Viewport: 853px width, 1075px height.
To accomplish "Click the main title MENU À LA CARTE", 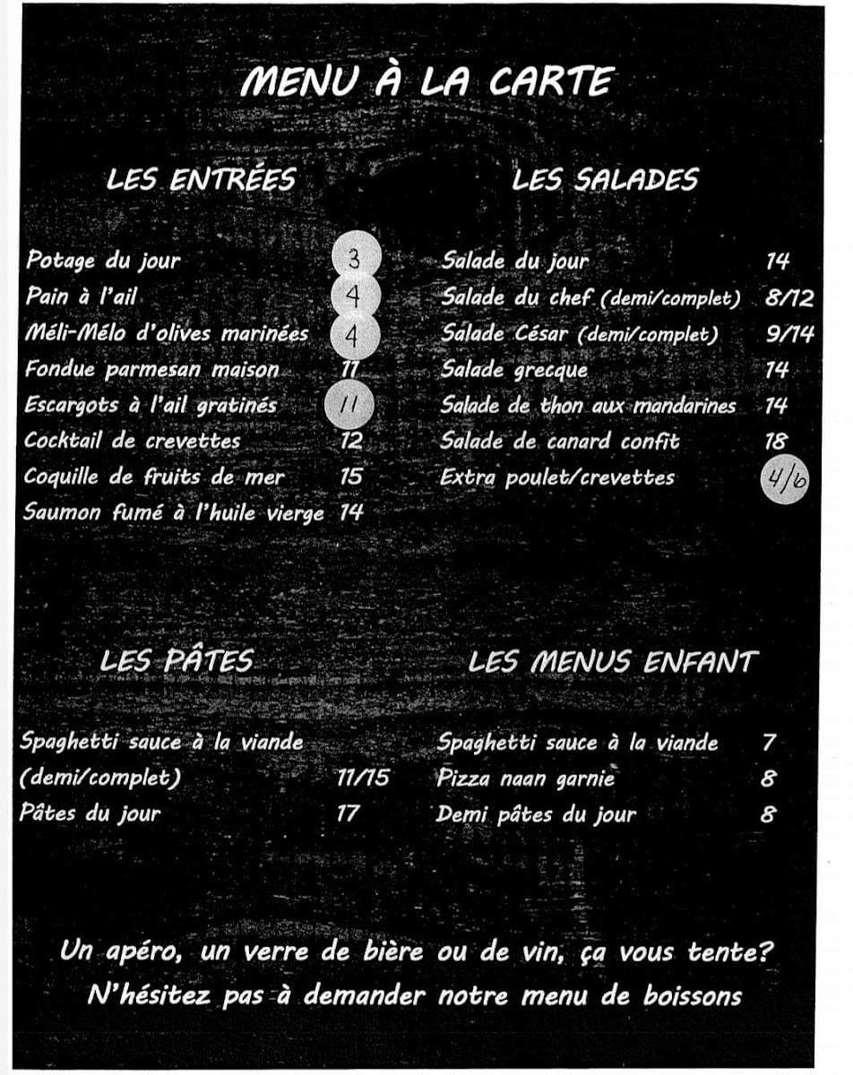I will pos(426,82).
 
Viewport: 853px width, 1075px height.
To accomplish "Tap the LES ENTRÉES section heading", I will pos(201,179).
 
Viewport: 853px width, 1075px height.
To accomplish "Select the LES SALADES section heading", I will pos(605,179).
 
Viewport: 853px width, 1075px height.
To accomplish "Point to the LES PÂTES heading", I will pos(177,661).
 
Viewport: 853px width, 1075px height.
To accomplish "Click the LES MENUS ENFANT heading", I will pos(613,662).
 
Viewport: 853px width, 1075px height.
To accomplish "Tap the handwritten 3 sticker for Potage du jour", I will pos(355,260).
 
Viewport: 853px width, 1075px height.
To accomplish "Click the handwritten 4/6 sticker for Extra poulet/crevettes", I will pos(785,481).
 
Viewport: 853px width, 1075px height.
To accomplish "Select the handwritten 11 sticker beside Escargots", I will pos(349,405).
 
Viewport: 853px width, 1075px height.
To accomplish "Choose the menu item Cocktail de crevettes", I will pos(133,441).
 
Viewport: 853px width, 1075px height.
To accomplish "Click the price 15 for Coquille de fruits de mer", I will pos(351,477).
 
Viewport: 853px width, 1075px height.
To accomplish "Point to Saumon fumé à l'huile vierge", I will pos(175,513).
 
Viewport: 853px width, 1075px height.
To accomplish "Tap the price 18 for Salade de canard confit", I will pos(776,441).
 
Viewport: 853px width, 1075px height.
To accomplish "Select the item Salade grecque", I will pos(514,369).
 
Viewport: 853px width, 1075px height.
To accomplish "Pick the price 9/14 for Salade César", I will pos(789,333).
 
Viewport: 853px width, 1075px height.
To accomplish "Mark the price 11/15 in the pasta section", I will pos(363,778).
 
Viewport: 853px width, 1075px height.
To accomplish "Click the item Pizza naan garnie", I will pos(526,778).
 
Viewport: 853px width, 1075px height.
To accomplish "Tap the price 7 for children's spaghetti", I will pos(769,743).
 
